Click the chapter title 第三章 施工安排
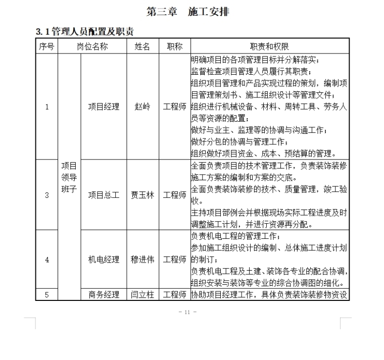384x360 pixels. click(187, 12)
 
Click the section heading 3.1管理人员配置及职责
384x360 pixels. click(85, 32)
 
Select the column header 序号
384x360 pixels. click(46, 46)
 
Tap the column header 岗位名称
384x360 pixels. click(92, 46)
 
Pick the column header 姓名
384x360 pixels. click(142, 46)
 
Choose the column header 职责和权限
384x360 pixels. click(269, 46)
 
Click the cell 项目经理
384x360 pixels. click(104, 107)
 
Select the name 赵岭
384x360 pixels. click(142, 107)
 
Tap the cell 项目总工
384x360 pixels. click(104, 195)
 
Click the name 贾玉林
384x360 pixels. click(142, 195)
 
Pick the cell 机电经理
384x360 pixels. click(104, 260)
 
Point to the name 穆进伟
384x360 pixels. click(142, 260)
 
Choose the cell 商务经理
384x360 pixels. click(104, 295)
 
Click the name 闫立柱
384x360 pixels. click(142, 295)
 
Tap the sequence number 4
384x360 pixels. click(47, 260)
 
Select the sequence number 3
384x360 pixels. click(47, 195)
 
